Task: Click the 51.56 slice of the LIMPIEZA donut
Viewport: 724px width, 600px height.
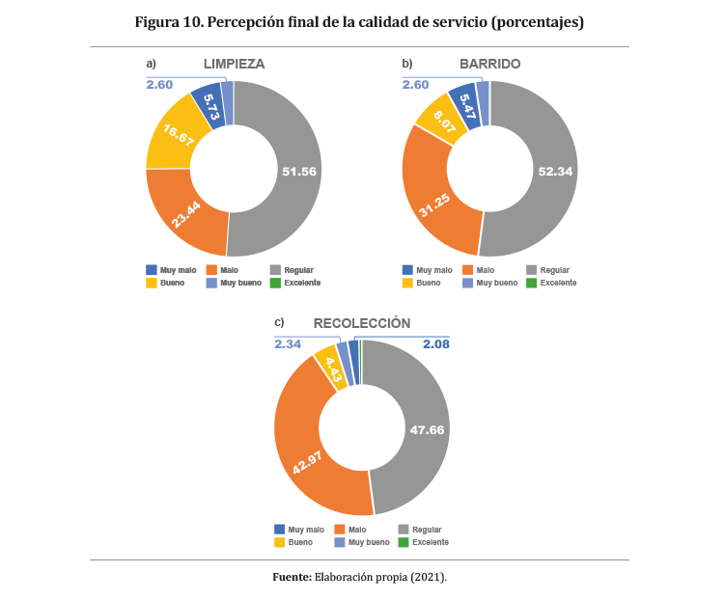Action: point(290,171)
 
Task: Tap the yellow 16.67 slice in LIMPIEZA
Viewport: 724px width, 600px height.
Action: point(175,135)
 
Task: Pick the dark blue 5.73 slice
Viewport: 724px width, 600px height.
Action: point(209,102)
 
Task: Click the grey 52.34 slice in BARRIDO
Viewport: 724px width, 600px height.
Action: point(546,171)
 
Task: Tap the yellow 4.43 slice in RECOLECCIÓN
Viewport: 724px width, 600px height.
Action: point(330,367)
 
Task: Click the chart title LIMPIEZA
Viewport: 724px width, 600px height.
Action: point(234,64)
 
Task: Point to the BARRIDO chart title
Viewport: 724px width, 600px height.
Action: point(489,64)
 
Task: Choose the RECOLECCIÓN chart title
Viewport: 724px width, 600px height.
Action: point(361,323)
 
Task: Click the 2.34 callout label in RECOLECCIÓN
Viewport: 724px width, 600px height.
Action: point(288,343)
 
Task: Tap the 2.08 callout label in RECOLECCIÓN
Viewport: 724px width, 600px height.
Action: point(435,343)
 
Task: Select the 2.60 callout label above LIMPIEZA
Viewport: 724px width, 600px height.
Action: point(159,85)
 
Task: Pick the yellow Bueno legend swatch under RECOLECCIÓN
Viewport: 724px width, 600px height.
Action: point(280,542)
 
